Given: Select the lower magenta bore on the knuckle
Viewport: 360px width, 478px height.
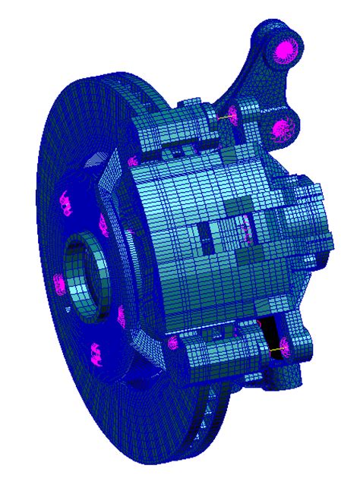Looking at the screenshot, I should point(282,128).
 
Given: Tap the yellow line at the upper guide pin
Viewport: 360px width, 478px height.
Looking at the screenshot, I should point(223,118).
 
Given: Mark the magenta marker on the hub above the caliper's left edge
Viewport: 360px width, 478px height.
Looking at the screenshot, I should point(132,160).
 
